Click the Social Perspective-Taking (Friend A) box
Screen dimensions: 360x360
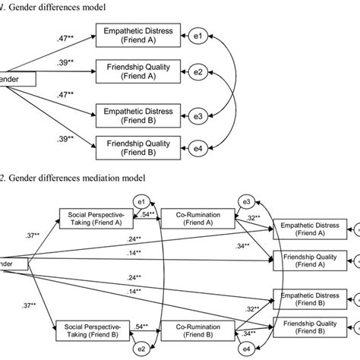pyautogui.click(x=93, y=219)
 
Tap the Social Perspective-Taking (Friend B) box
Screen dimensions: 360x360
pyautogui.click(x=93, y=331)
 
